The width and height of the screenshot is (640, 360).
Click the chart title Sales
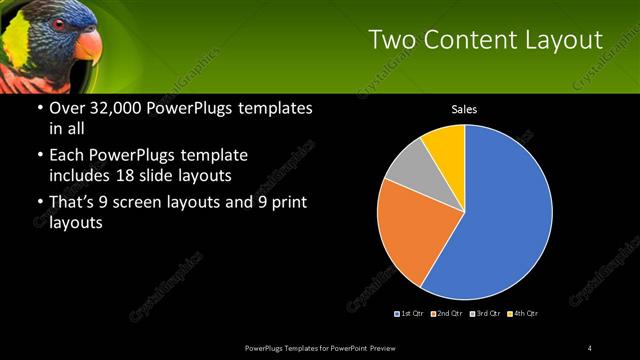point(463,109)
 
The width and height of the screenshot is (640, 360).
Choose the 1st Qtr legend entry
point(410,314)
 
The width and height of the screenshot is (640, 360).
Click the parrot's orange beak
point(88,45)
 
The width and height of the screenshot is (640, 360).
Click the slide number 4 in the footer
point(590,347)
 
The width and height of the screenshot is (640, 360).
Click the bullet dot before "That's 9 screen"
point(37,203)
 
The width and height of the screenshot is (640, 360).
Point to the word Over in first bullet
point(66,108)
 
